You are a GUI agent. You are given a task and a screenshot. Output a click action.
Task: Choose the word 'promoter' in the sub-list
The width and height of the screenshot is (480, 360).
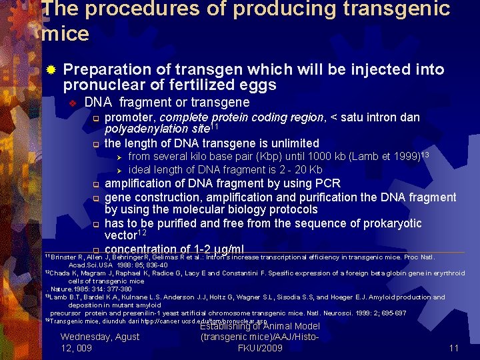click(x=129, y=117)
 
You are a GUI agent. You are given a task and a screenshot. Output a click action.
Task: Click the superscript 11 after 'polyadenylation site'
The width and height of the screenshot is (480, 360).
click(x=213, y=126)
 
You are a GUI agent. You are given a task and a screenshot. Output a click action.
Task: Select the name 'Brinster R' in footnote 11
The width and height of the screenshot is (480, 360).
click(x=65, y=257)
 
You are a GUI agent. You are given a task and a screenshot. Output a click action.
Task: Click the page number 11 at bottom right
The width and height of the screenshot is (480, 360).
click(x=454, y=347)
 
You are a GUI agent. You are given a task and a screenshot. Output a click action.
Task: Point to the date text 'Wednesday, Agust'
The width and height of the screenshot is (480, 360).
click(x=100, y=337)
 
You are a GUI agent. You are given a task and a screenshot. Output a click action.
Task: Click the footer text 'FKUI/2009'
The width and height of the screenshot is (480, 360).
click(x=260, y=348)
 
